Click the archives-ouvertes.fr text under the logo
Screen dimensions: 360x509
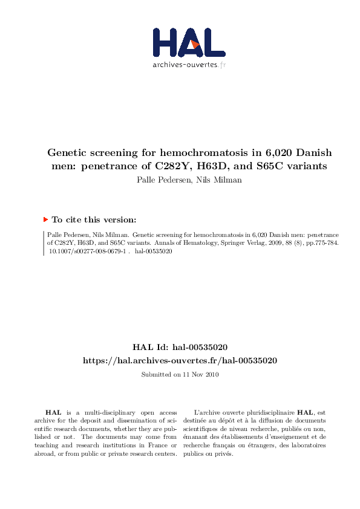189,65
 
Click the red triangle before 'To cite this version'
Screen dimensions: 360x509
45,220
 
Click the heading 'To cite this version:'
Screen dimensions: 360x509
94,220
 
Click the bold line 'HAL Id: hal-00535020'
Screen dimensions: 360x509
180,347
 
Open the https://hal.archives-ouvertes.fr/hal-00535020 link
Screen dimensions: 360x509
180,360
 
